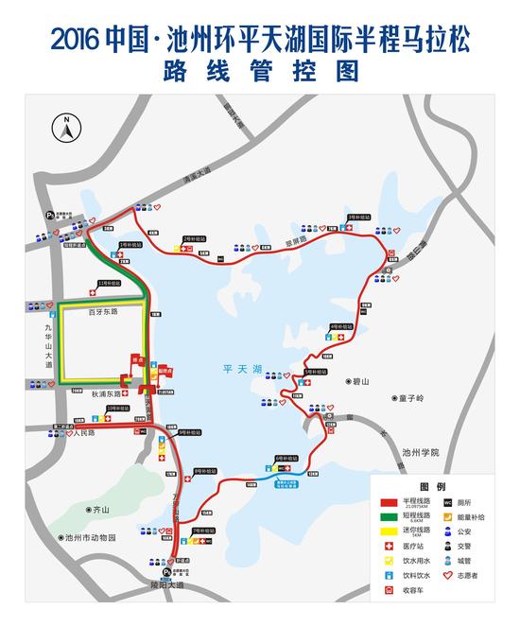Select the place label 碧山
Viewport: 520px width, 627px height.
tap(365, 382)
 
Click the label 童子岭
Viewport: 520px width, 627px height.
tap(410, 399)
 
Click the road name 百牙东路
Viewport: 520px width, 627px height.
tap(102, 311)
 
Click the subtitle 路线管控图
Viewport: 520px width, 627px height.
tap(261, 70)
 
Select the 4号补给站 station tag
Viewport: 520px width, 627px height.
tap(340, 326)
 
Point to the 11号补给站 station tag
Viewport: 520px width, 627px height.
tap(111, 282)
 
